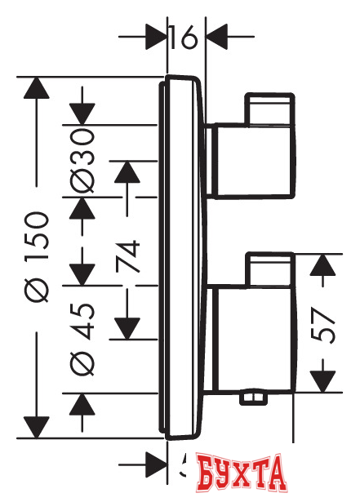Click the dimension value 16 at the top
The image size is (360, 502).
[186, 38]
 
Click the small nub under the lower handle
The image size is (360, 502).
[256, 398]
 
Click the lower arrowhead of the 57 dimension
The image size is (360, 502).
[325, 379]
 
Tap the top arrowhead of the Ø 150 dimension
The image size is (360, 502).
[34, 89]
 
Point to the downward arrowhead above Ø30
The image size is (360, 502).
[82, 113]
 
